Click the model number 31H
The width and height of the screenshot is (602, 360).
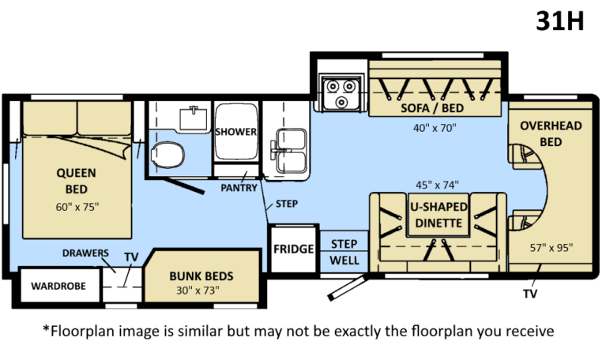559,21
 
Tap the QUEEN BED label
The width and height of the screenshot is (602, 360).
76,180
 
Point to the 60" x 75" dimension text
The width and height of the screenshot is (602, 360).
76,207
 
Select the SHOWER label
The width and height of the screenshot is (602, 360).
236,132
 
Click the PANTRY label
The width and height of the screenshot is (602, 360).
237,189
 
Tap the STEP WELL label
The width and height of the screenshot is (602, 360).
344,252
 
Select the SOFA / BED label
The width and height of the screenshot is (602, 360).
431,108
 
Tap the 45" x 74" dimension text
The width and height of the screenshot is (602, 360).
435,185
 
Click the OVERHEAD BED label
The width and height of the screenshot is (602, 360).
550,133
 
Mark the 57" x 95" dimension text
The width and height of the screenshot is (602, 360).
551,247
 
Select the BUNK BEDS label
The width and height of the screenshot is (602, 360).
201,277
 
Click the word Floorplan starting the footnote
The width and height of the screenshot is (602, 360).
81,329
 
